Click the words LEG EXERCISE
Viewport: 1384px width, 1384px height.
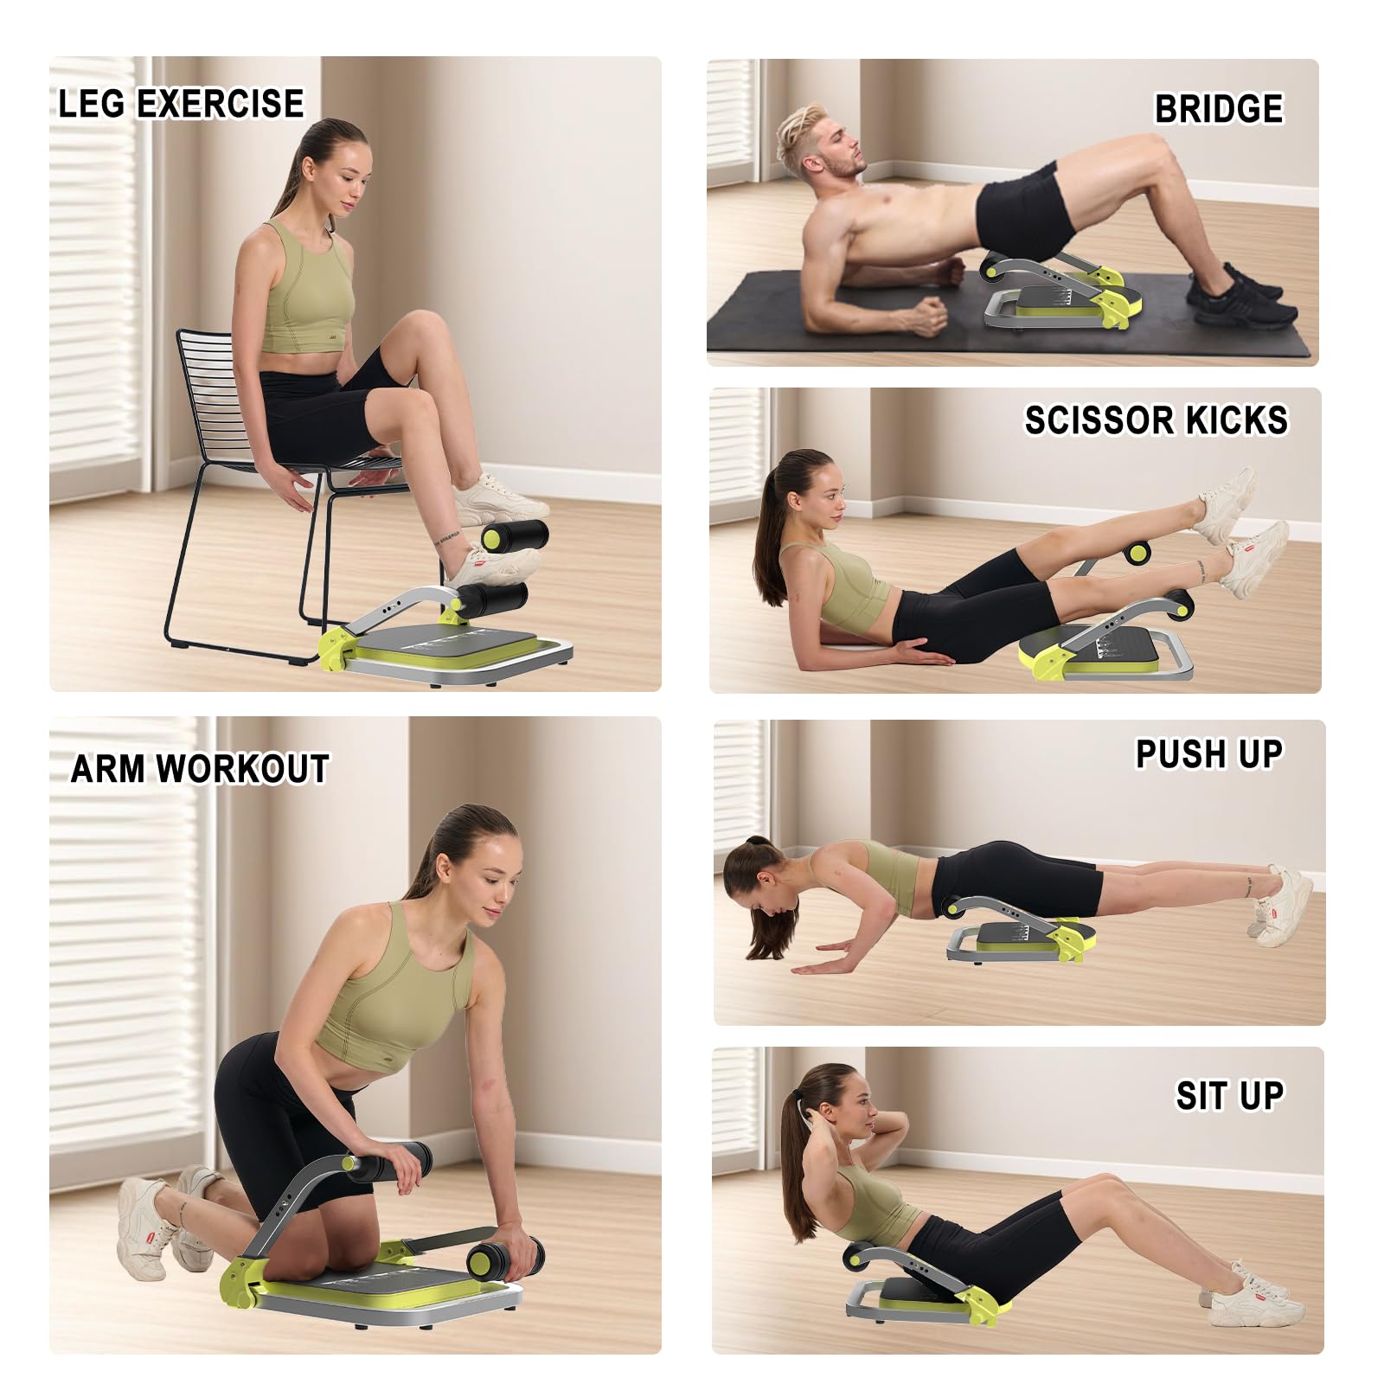click(x=181, y=104)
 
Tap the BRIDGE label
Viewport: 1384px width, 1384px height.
click(x=1219, y=109)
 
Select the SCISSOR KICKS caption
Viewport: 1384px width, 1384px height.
click(x=1157, y=420)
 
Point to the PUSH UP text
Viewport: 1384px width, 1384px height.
click(x=1208, y=753)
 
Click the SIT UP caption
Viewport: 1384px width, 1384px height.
click(x=1229, y=1096)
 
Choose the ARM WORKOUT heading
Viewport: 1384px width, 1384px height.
click(x=200, y=768)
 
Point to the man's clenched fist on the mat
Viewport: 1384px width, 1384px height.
click(x=929, y=317)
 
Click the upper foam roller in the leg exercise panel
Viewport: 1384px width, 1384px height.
click(x=515, y=536)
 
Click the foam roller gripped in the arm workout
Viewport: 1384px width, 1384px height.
click(x=506, y=1259)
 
